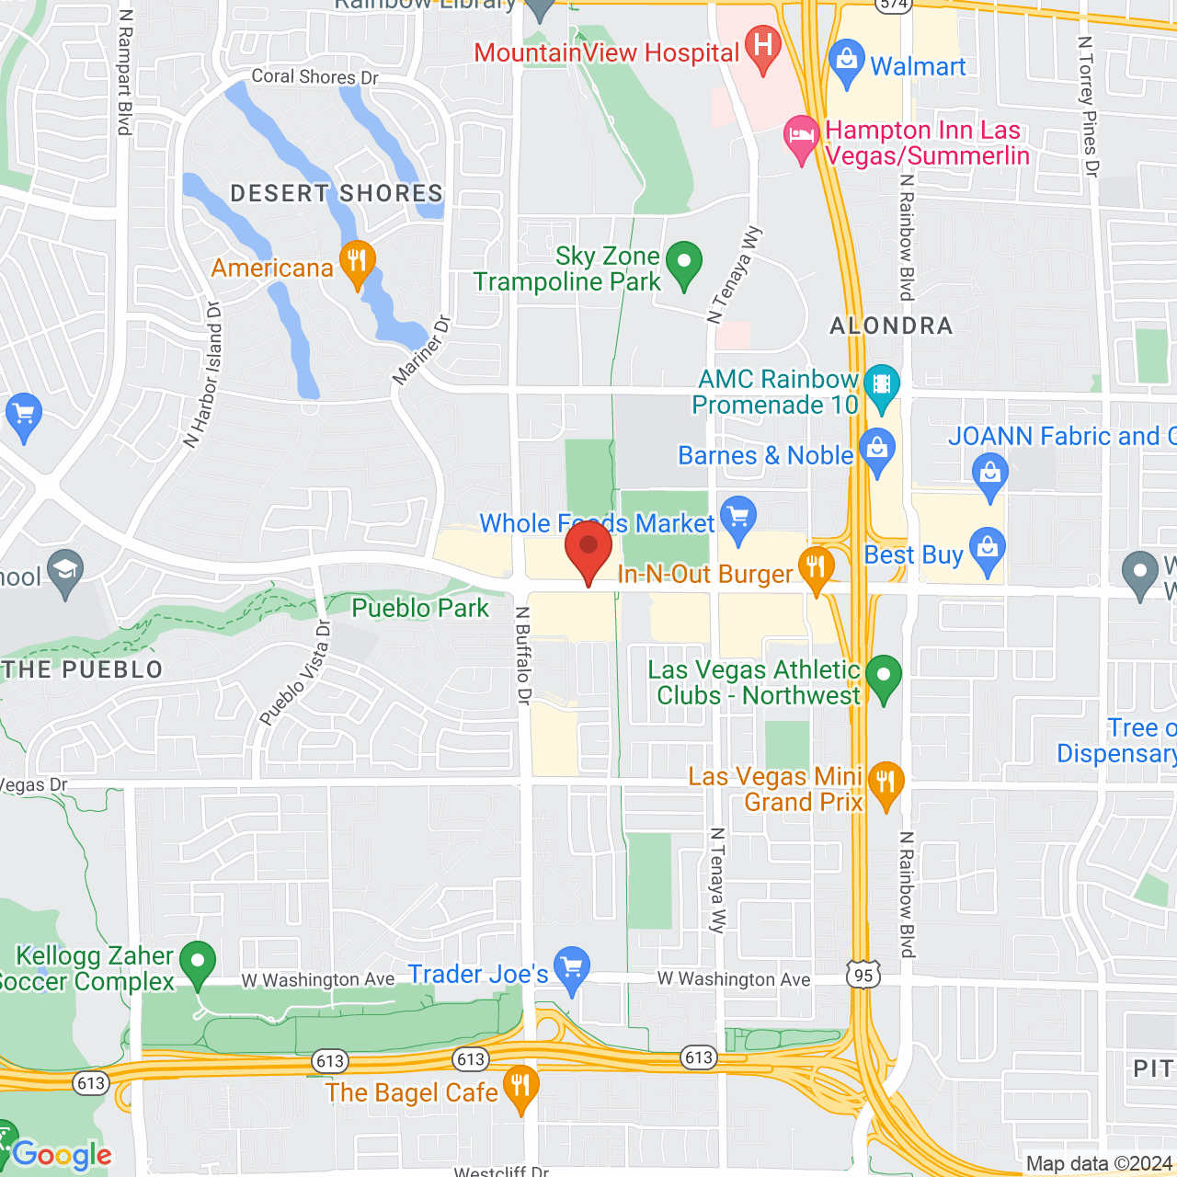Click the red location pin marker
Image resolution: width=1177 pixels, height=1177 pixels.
point(588,549)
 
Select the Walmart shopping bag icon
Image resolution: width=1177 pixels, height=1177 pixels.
point(846,61)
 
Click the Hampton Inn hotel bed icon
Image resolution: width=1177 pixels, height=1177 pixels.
point(801,137)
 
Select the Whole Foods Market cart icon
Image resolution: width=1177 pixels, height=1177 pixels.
point(737,517)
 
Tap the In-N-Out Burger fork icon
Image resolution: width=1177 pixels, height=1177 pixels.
point(816,567)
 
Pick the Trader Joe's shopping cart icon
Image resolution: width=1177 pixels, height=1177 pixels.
point(572,968)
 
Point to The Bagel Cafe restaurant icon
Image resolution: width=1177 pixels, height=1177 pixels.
point(520,1087)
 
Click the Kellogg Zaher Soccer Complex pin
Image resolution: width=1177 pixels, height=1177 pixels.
point(197,963)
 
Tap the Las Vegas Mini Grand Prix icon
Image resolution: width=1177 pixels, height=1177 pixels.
point(886,783)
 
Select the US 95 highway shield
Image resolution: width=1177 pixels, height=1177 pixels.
point(863,975)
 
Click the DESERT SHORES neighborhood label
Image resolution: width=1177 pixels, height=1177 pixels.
point(337,193)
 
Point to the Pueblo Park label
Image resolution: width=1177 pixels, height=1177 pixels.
point(420,608)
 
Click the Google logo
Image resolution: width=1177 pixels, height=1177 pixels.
point(62,1155)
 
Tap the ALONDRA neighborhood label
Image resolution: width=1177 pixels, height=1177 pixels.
point(891,326)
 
